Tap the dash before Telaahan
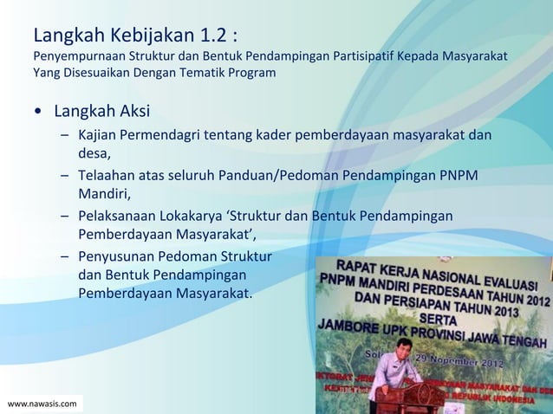click(65, 176)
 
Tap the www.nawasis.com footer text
click(42, 404)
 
